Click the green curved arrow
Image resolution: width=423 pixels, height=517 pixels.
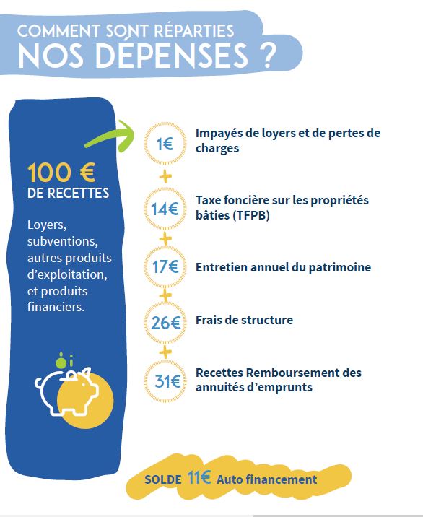pos(110,138)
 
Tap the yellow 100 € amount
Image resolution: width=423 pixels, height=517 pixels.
pos(61,172)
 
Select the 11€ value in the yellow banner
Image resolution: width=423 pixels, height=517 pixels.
pos(199,477)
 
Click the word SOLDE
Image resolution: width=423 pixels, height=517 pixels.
pos(163,479)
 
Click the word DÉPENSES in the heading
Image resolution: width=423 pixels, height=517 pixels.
pos(172,56)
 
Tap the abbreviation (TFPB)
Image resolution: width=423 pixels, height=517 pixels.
pos(251,215)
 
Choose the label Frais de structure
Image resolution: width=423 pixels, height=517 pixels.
pos(244,320)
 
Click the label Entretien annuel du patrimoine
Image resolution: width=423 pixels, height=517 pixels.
pos(283,267)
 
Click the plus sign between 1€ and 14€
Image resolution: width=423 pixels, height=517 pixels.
pos(165,177)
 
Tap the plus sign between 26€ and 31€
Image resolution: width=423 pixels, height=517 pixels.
pos(165,352)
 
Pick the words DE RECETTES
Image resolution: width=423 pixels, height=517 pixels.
pos(69,194)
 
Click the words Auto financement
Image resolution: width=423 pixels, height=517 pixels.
pos(267,479)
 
